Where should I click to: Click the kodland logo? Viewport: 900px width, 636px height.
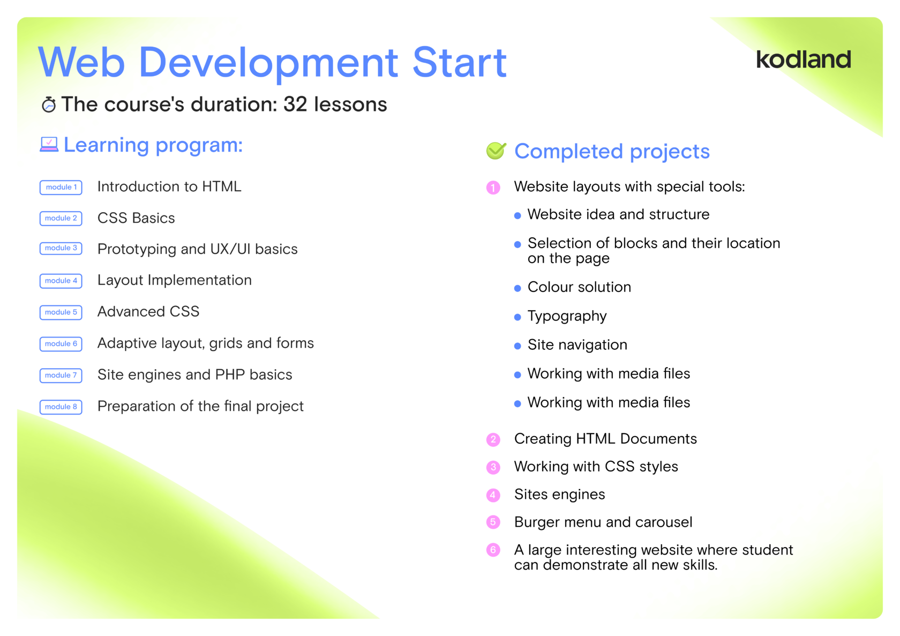click(x=804, y=59)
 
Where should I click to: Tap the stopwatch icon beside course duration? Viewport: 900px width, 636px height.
click(x=49, y=104)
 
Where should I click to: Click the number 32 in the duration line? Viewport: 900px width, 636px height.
click(x=295, y=104)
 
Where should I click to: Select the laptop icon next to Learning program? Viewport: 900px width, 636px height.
click(x=49, y=145)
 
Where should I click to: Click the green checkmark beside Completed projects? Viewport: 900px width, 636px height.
click(x=496, y=151)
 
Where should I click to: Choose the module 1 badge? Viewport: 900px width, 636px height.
click(x=61, y=187)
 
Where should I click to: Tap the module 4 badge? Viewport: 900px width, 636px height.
click(x=61, y=281)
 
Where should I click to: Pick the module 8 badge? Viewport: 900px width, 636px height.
click(x=61, y=407)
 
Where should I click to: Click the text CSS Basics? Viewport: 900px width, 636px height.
click(x=136, y=218)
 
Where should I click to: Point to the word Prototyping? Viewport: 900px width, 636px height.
click(x=137, y=250)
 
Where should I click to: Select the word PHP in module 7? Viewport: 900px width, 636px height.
click(x=230, y=375)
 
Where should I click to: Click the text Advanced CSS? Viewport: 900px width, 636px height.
click(x=148, y=311)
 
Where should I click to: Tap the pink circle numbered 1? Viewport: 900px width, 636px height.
click(x=493, y=188)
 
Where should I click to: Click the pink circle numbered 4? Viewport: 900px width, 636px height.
click(x=493, y=495)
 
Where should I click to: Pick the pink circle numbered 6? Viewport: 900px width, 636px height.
click(x=493, y=550)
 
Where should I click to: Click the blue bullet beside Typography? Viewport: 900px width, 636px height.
click(x=517, y=317)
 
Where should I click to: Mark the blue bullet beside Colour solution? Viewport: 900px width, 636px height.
click(x=517, y=288)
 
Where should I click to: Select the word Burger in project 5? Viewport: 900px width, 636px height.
click(x=537, y=523)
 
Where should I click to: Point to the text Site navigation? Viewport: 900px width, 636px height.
click(x=577, y=345)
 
